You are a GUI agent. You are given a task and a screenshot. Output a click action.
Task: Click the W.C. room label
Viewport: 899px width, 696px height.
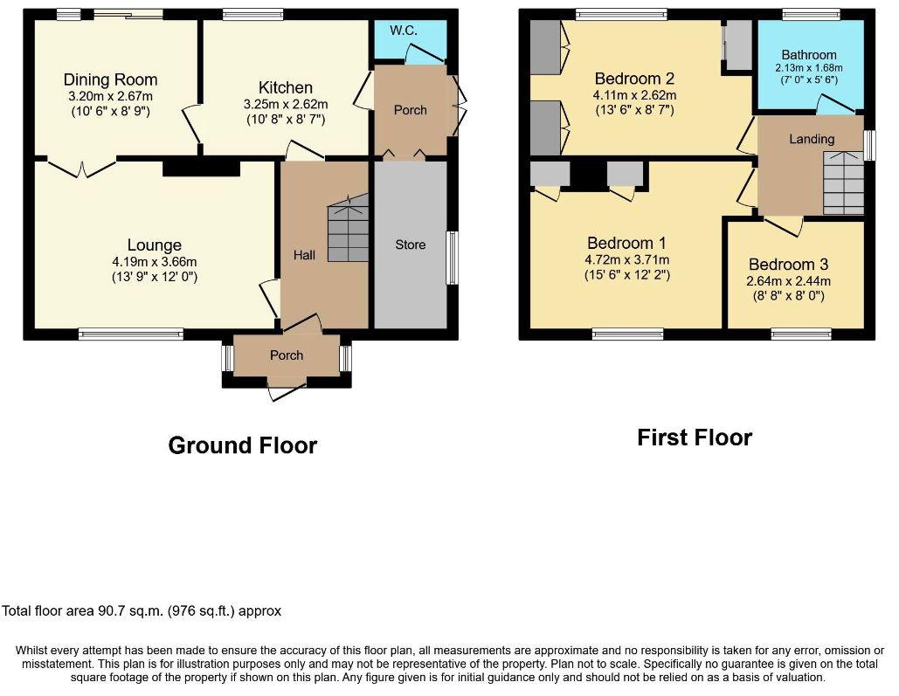(x=404, y=31)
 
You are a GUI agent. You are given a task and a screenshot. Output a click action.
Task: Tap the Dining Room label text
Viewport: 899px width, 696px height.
(x=111, y=79)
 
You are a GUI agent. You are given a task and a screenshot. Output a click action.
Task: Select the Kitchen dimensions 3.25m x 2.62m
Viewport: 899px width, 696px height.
(x=286, y=104)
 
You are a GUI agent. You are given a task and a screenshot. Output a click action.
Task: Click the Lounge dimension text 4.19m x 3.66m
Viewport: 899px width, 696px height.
(x=155, y=262)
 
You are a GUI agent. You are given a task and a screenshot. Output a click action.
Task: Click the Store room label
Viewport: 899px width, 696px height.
(x=411, y=245)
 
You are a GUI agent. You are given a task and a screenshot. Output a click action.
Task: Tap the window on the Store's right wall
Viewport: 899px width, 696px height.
(x=453, y=258)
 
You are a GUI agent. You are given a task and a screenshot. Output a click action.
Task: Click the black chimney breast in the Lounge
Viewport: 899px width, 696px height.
(x=201, y=167)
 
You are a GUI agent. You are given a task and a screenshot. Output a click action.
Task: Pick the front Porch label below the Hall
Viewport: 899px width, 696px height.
(x=287, y=355)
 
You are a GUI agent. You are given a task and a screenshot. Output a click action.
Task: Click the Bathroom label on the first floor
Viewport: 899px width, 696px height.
(x=809, y=55)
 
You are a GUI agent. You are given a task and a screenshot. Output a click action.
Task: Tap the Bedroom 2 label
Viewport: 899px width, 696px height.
(x=634, y=79)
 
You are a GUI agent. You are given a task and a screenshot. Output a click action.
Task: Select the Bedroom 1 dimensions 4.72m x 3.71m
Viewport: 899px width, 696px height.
(x=627, y=259)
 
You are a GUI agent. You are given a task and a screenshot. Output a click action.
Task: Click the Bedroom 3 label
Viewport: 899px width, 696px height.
(x=788, y=265)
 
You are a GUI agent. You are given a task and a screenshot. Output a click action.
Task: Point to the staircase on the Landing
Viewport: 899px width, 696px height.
(x=843, y=183)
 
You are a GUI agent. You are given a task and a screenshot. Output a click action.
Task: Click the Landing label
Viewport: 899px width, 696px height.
(x=812, y=139)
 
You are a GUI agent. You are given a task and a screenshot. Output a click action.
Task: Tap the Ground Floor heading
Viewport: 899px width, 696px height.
(x=243, y=445)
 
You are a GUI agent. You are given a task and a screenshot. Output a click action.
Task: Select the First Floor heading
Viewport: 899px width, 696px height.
(x=695, y=438)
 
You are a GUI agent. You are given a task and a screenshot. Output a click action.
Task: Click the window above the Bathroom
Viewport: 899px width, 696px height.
(x=812, y=14)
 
